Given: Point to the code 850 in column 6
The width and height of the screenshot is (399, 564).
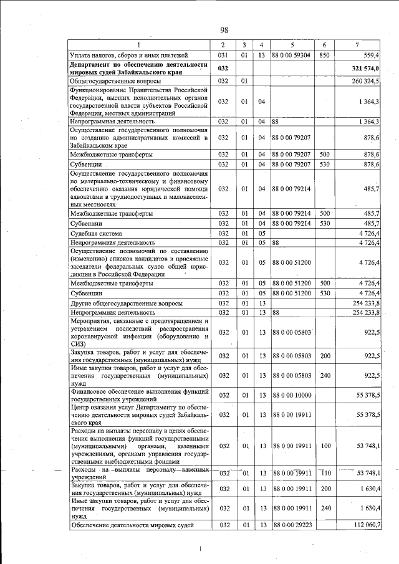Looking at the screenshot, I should [324, 55].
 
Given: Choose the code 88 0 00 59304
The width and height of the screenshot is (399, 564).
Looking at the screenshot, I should [292, 55].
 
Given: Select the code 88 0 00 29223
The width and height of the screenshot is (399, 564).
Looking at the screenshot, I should [292, 525].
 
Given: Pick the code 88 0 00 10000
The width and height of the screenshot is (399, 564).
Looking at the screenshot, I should [292, 395].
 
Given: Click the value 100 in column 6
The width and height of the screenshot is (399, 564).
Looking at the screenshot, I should [324, 446].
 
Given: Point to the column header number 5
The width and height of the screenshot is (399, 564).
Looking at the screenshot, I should [292, 45].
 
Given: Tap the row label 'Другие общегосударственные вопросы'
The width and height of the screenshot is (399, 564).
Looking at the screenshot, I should [127, 303].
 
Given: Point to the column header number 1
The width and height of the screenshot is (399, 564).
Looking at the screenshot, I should [139, 45].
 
